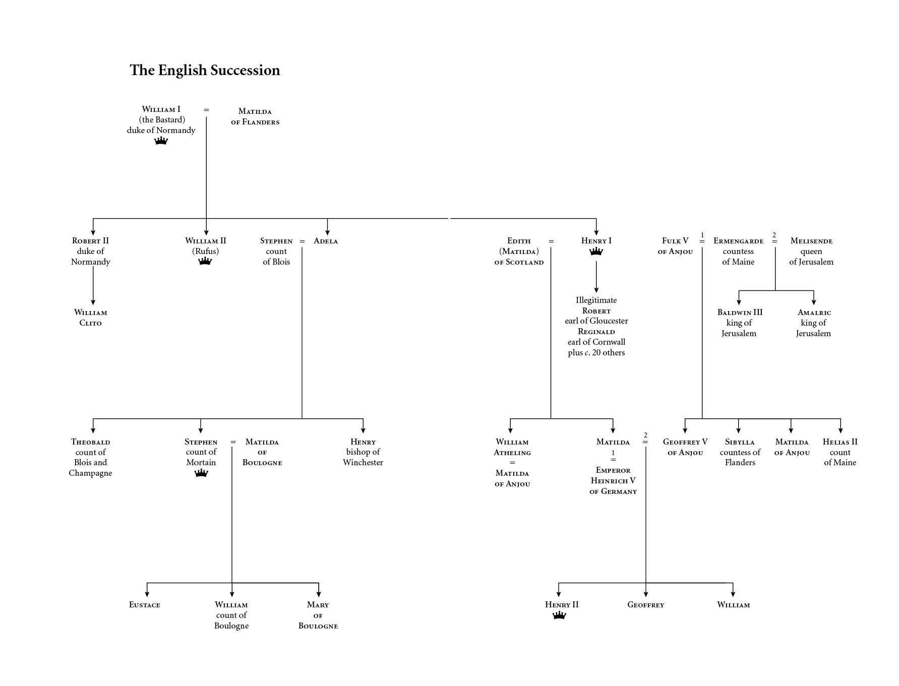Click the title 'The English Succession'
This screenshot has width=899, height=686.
tap(205, 70)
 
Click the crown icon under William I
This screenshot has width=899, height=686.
tap(161, 141)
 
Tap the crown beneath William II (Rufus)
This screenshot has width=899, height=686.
tap(205, 261)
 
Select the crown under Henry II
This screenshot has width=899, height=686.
tap(559, 615)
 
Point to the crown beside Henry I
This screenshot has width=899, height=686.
tap(596, 252)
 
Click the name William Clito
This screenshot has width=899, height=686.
tap(91, 318)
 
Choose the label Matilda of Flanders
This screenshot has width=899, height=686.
tap(255, 116)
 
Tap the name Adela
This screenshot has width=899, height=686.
tap(326, 241)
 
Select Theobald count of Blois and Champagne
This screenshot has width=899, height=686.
tap(91, 457)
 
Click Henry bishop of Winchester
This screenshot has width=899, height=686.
tap(363, 452)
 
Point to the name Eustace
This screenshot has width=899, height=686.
tap(145, 605)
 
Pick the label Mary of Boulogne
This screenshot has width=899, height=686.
tap(318, 615)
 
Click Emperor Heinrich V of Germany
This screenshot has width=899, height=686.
tap(613, 481)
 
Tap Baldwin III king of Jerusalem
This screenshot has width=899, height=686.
tap(740, 323)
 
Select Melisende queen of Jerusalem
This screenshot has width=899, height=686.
tap(811, 251)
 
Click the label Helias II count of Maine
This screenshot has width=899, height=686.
tap(840, 452)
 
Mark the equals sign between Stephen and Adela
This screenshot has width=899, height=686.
tap(302, 241)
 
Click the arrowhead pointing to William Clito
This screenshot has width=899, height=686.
tap(93, 302)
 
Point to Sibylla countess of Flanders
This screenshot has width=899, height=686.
tap(740, 452)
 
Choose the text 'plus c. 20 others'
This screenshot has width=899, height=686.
tap(596, 353)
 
